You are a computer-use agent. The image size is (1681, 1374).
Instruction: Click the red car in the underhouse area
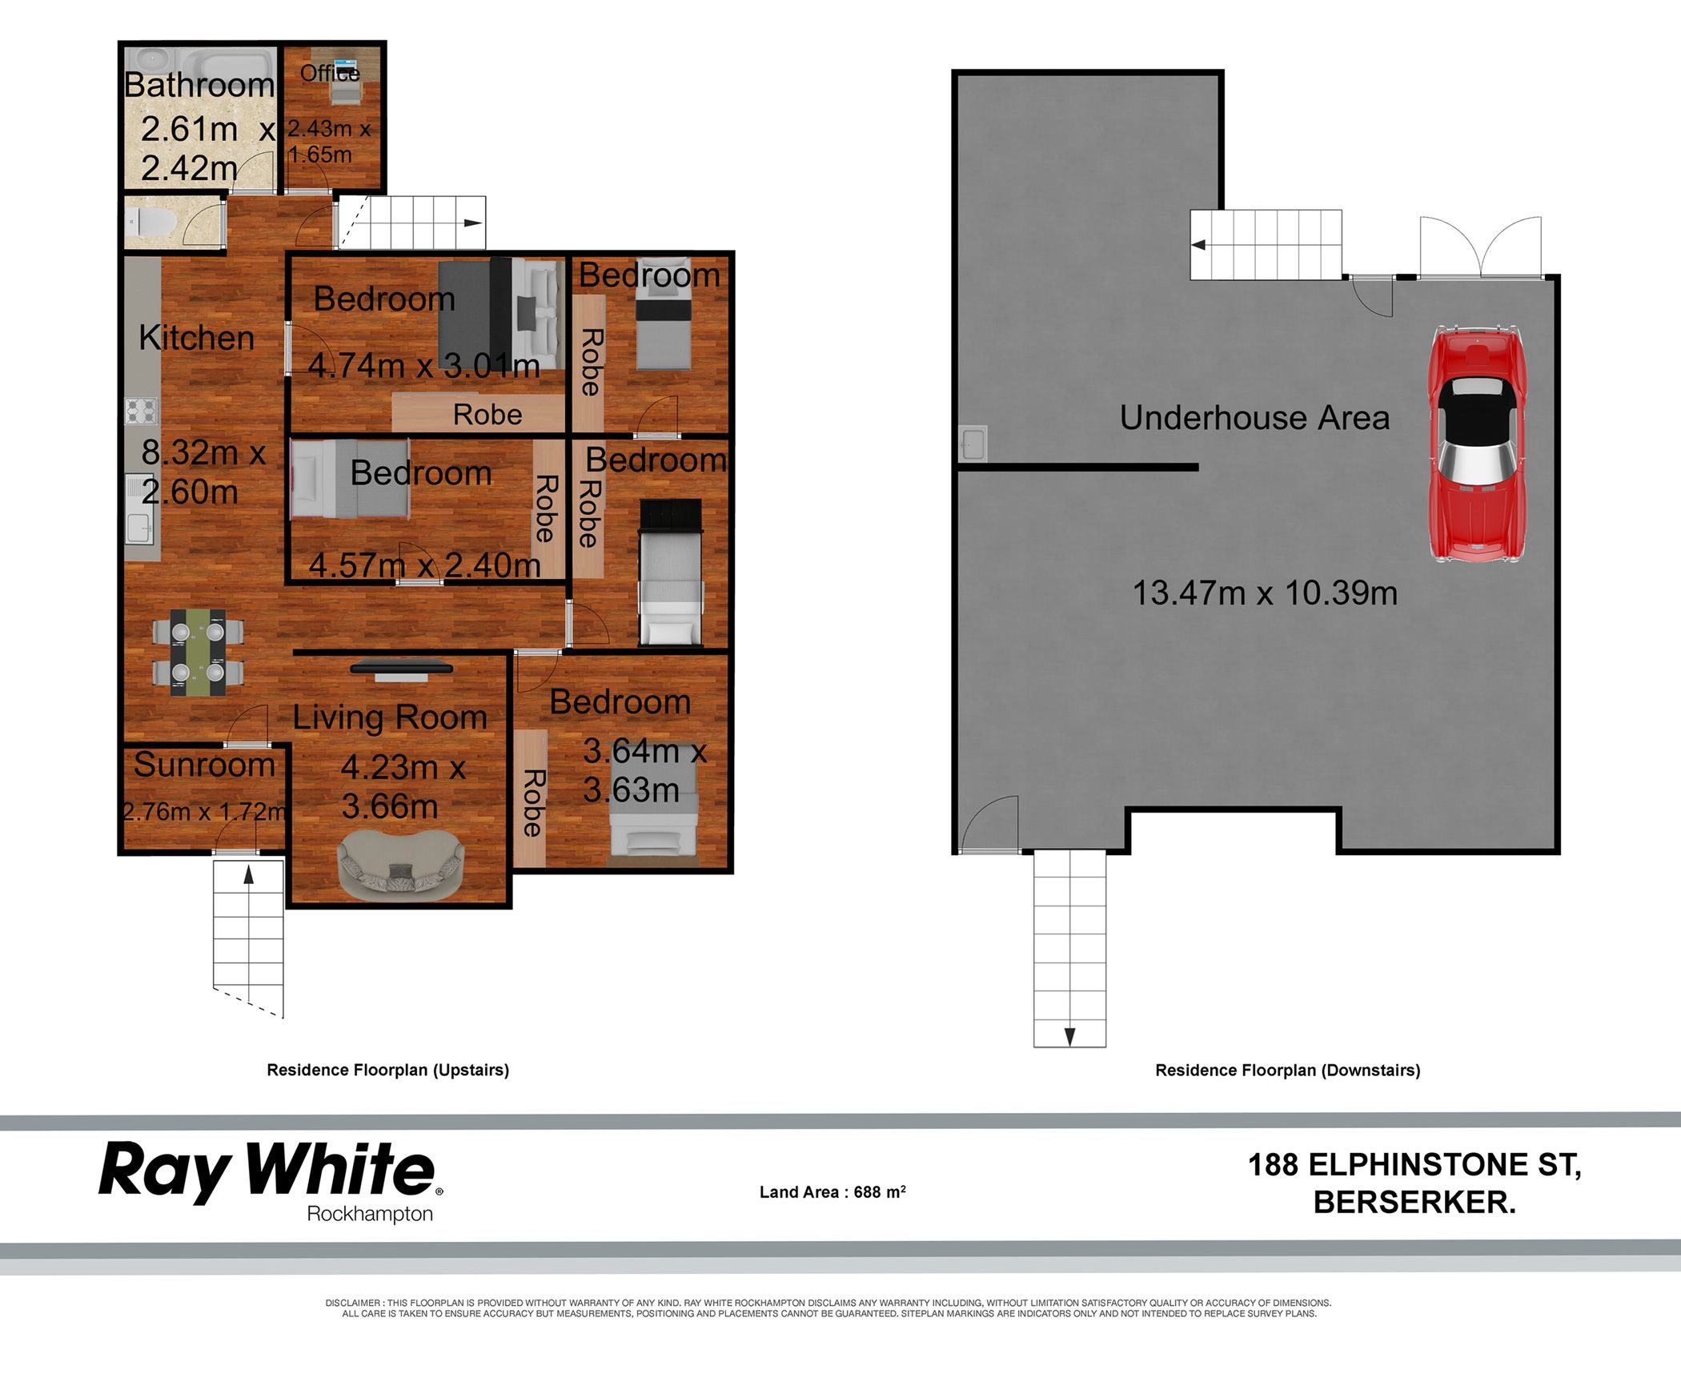(x=1477, y=444)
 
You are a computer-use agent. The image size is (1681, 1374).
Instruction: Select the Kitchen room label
(x=197, y=338)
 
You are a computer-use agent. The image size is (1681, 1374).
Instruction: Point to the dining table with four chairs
(x=198, y=652)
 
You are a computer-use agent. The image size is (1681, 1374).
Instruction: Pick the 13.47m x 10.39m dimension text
(x=1265, y=593)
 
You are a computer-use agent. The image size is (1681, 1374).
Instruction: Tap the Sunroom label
(x=204, y=765)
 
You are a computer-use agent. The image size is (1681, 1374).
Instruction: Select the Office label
(x=330, y=74)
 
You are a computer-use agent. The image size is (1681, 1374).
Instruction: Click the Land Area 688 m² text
(x=832, y=1191)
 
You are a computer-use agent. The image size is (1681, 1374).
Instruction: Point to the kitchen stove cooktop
(x=142, y=411)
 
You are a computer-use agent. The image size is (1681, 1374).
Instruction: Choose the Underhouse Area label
(x=1254, y=418)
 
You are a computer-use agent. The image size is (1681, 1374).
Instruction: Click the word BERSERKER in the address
(x=1414, y=1202)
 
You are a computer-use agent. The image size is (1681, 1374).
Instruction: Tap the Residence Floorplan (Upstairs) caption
(x=388, y=1071)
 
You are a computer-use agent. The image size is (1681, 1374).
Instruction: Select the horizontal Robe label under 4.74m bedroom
(x=487, y=415)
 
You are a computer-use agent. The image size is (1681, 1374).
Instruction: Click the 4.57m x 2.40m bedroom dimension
(x=425, y=565)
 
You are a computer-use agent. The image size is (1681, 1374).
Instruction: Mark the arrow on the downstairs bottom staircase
(x=1069, y=1037)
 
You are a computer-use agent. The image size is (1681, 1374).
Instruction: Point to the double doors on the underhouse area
(x=1481, y=248)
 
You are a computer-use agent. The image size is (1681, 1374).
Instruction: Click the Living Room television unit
(x=402, y=669)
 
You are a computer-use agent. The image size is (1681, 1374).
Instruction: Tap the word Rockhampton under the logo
(x=370, y=1215)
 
